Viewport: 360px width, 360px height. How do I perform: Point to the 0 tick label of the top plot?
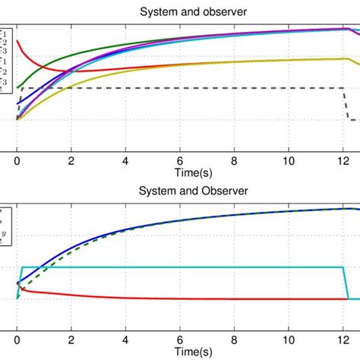pyautogui.click(x=17, y=161)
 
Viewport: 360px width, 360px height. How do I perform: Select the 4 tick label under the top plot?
pyautogui.click(x=125, y=161)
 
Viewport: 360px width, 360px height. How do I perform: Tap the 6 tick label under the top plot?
pyautogui.click(x=179, y=161)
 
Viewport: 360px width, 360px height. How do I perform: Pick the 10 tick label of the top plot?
pyautogui.click(x=288, y=161)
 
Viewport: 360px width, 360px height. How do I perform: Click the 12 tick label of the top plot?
pyautogui.click(x=342, y=161)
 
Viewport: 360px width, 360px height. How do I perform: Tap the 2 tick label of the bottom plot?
pyautogui.click(x=71, y=341)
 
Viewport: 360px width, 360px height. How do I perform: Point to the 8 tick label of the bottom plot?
pyautogui.click(x=234, y=341)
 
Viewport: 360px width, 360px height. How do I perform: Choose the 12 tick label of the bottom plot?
pyautogui.click(x=342, y=341)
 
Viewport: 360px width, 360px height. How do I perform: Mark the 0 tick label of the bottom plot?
pyautogui.click(x=17, y=341)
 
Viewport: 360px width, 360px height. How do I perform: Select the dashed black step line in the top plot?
pyautogui.click(x=190, y=89)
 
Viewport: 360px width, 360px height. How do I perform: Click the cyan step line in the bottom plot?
pyautogui.click(x=190, y=267)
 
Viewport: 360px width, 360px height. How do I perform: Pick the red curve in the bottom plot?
pyautogui.click(x=190, y=298)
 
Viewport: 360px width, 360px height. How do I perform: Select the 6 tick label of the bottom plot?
pyautogui.click(x=179, y=341)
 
